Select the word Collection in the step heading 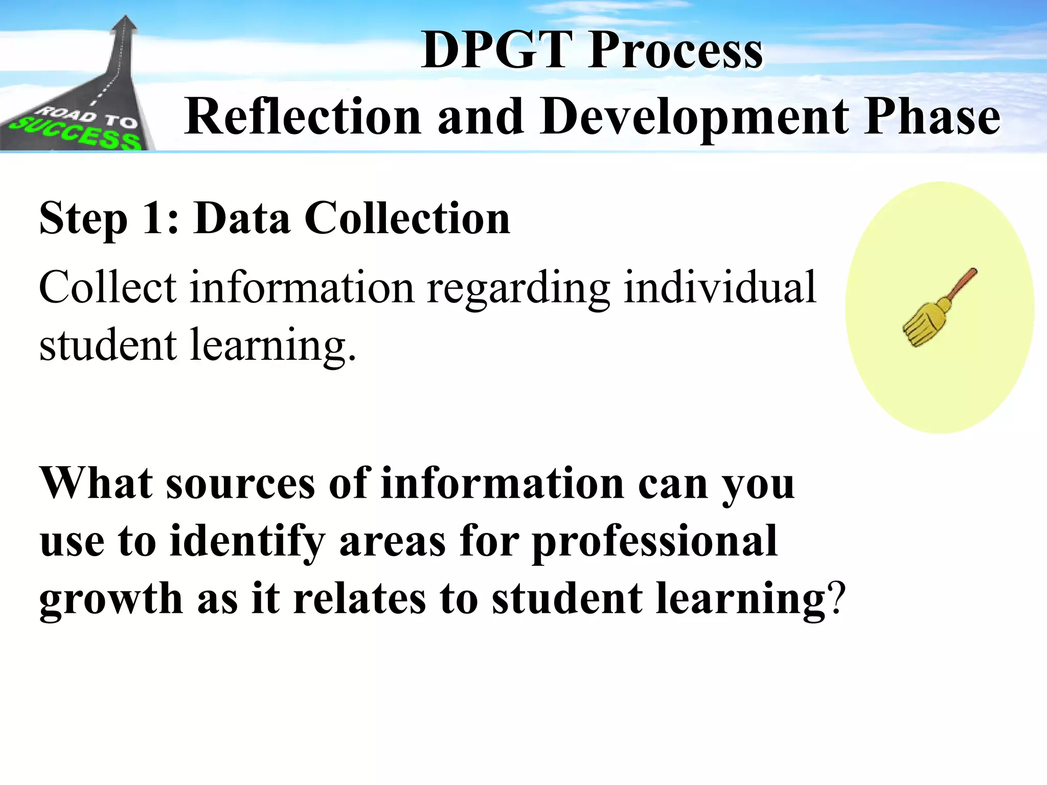[x=407, y=219]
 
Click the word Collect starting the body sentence [x=108, y=287]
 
